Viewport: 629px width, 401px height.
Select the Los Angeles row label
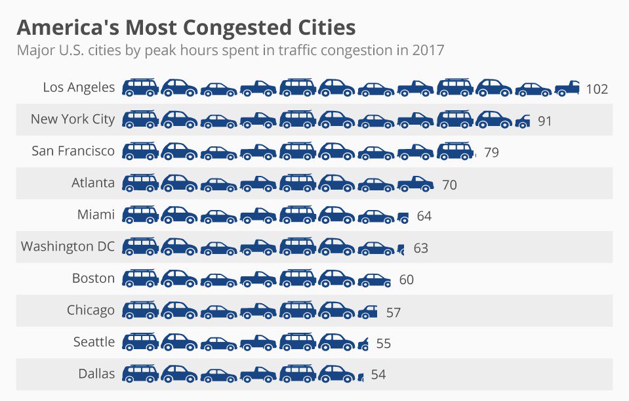pos(79,87)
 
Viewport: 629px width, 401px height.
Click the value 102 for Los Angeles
pos(597,89)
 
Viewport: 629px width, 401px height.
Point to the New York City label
pos(72,119)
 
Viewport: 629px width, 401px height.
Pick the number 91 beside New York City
pos(544,121)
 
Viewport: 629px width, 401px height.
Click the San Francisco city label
pos(73,151)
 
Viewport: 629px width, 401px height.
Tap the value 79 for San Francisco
pos(491,153)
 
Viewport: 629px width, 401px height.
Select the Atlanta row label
pos(92,183)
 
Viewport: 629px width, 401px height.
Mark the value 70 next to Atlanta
pos(449,185)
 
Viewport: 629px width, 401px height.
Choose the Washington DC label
pos(68,247)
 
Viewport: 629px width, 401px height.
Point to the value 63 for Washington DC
pos(420,249)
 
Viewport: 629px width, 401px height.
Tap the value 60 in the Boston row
pos(406,280)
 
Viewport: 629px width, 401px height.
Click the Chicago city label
pos(91,310)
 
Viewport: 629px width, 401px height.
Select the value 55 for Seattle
pos(384,344)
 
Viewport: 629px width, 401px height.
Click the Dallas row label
pos(96,374)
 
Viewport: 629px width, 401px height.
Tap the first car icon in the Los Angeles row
pos(140,88)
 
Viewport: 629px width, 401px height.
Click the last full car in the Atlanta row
pos(415,184)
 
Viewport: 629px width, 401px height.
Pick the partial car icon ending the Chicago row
pos(368,311)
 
